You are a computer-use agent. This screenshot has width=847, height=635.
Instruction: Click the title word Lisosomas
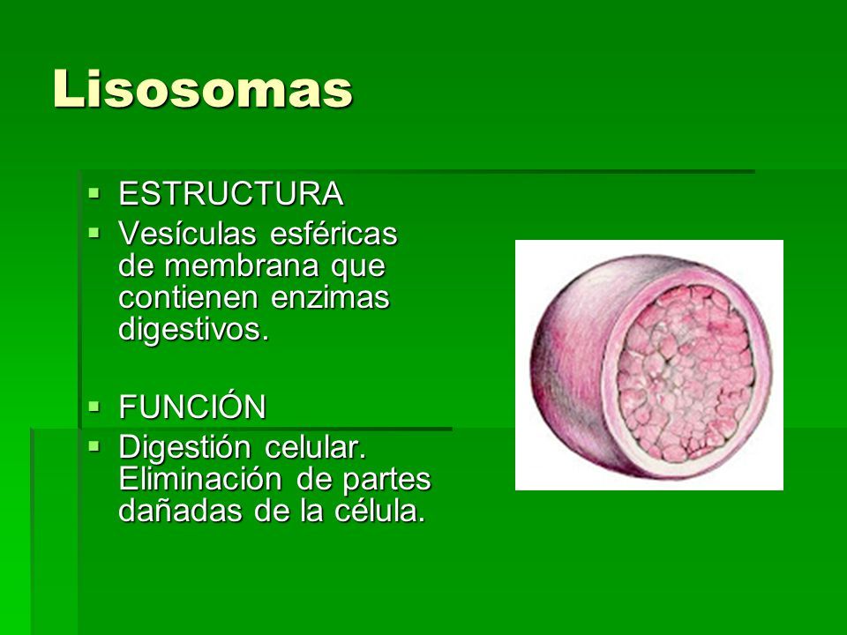tap(203, 88)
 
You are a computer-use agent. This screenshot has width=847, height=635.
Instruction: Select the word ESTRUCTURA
tap(231, 193)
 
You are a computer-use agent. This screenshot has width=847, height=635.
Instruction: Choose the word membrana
tap(241, 265)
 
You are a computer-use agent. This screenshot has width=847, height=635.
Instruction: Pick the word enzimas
tap(330, 297)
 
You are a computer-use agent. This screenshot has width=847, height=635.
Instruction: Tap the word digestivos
tap(193, 330)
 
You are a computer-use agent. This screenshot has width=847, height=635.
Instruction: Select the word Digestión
tap(184, 448)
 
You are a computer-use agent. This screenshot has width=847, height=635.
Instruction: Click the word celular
tap(315, 447)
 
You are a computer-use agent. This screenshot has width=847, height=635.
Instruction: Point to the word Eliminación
tap(200, 479)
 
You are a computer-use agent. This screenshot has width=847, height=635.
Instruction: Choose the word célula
tap(379, 511)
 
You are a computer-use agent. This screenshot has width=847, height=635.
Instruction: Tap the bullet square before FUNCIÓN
tap(94, 405)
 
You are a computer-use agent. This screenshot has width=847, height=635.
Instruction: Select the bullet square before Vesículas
tap(94, 232)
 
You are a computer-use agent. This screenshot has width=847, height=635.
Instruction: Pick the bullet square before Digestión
tap(94, 446)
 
